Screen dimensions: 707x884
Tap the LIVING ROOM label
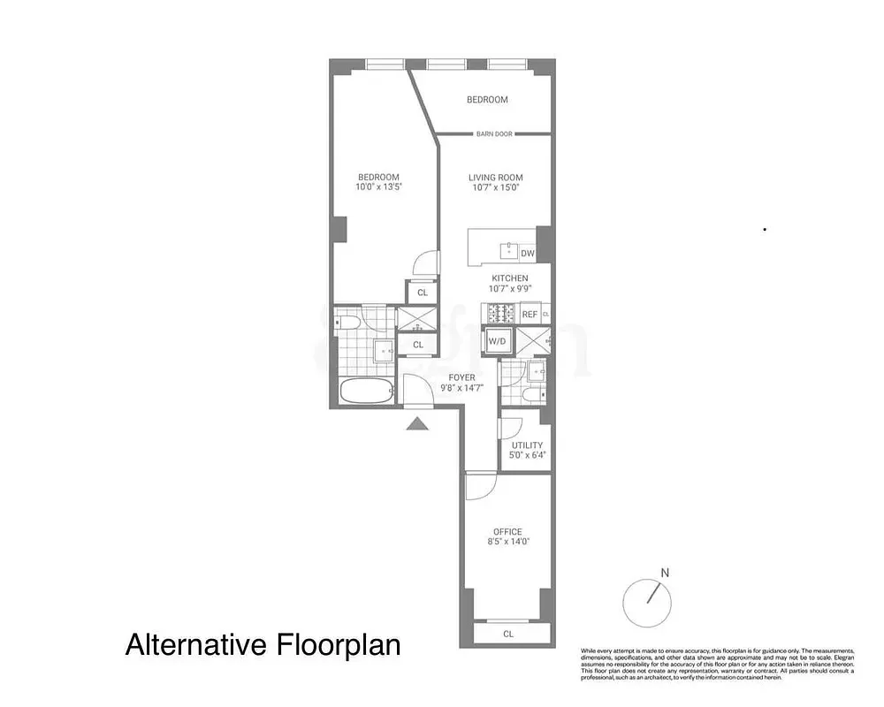495,178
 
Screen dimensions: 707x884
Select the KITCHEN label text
509,278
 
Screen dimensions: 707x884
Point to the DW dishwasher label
527,254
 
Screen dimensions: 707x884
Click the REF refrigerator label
530,315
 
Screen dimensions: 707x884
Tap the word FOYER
461,377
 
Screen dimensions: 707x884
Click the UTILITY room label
527,445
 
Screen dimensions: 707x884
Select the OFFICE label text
507,532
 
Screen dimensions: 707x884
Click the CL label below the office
507,634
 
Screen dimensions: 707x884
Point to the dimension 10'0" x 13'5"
378,187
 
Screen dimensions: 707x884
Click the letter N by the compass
665,573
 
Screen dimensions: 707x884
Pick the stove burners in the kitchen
499,313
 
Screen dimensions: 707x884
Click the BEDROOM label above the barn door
487,100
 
